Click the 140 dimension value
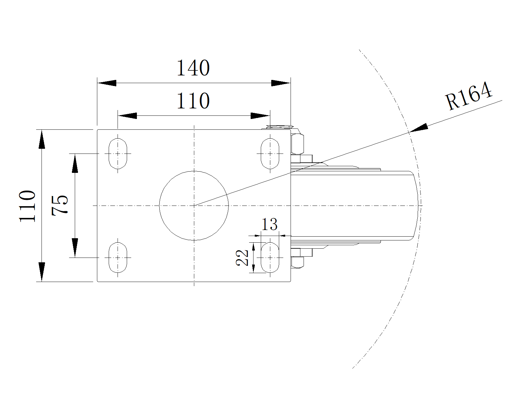193,68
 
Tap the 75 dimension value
60,205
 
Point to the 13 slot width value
269,225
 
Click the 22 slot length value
242,257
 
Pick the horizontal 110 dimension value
193,101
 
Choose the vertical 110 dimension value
28,206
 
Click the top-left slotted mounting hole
118,154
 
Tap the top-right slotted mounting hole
270,154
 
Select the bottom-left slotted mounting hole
118,258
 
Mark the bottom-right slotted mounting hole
270,258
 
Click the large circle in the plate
194,206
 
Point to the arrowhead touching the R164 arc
418,128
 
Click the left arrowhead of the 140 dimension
107,83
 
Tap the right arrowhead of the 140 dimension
281,83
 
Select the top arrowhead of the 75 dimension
75,163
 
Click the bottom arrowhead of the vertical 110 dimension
41,272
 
